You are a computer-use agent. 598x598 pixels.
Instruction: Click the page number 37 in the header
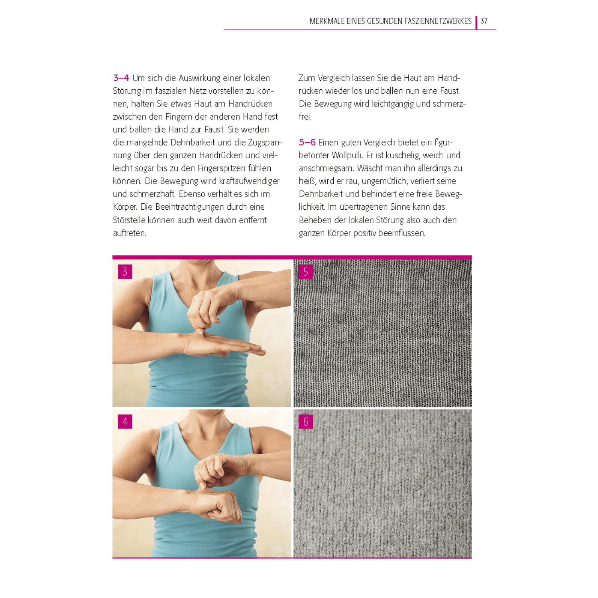click(x=484, y=21)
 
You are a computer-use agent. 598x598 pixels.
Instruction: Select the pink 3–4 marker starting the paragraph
click(x=121, y=78)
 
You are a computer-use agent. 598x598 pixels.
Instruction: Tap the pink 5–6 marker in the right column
click(x=307, y=142)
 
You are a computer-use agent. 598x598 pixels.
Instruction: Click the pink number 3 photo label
click(x=125, y=271)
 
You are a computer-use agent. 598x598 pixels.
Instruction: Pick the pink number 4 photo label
click(x=125, y=421)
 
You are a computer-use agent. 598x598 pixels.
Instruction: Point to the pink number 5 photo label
click(x=306, y=271)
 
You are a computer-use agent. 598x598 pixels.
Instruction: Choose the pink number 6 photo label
click(x=306, y=421)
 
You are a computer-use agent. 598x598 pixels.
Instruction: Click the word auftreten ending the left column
click(x=130, y=233)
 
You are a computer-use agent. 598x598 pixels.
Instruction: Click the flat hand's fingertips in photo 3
click(x=257, y=351)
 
